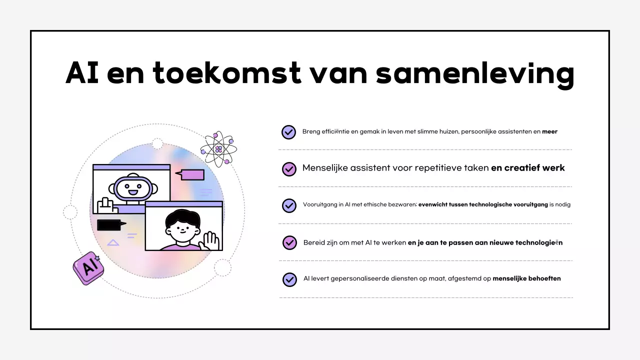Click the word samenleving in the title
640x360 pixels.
(x=475, y=73)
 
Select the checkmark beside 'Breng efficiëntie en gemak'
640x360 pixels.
(x=289, y=132)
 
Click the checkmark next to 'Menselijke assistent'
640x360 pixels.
(x=289, y=169)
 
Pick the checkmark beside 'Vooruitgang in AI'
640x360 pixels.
(x=289, y=205)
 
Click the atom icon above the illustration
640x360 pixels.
(x=218, y=149)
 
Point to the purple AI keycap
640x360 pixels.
(x=89, y=267)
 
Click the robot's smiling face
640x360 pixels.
(x=133, y=189)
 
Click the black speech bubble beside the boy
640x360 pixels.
(x=110, y=225)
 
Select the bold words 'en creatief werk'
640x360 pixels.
(x=527, y=168)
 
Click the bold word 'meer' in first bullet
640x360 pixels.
(x=549, y=132)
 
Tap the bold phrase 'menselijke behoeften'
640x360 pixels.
(x=526, y=278)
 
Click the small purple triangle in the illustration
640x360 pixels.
(x=113, y=243)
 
